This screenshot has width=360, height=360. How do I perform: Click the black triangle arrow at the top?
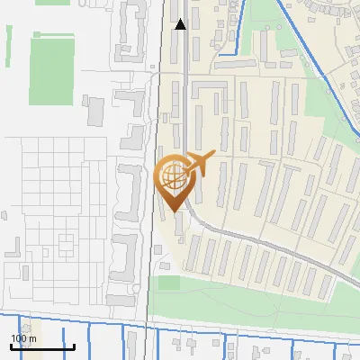click(x=181, y=24)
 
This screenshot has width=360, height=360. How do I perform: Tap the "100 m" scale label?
click(x=23, y=338)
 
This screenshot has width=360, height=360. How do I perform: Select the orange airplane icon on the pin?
click(x=200, y=162)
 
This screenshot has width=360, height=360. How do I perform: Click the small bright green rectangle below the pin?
click(x=168, y=283)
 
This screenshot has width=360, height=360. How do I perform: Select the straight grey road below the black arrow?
click(x=185, y=90)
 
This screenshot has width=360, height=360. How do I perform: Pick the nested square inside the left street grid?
click(x=66, y=242)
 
